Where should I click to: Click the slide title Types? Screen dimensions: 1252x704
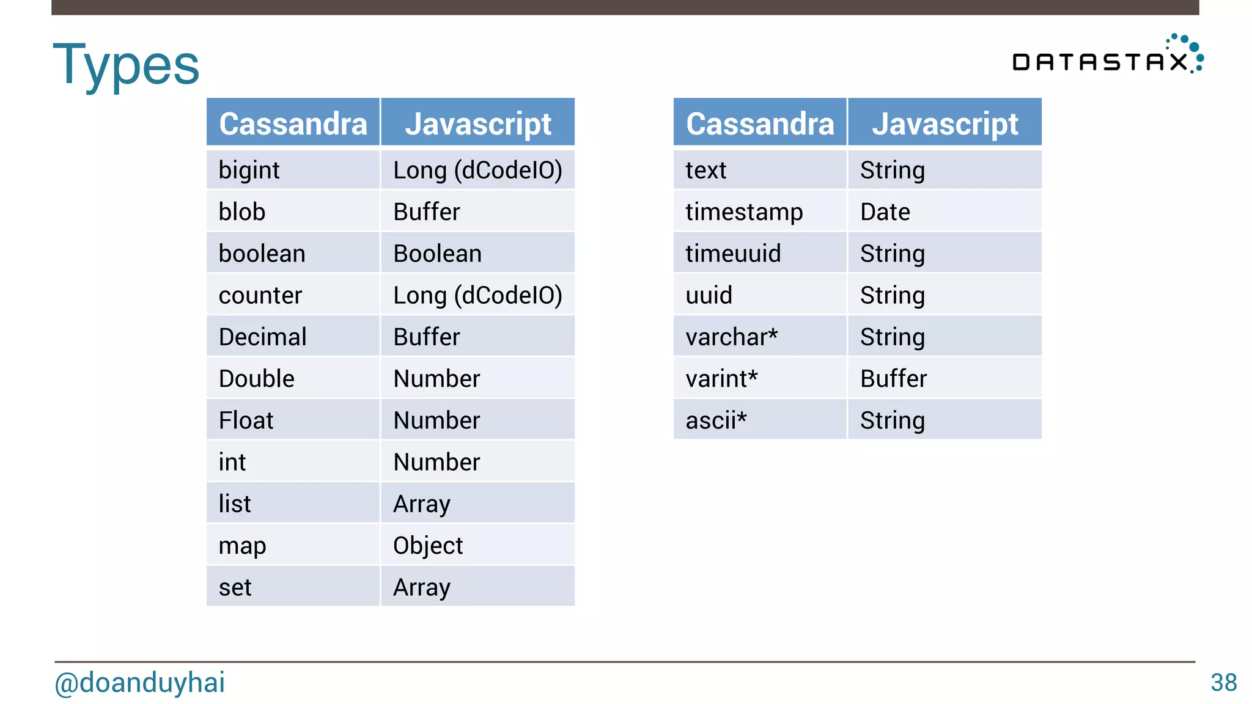[126, 65]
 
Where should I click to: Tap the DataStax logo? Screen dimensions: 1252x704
[1107, 57]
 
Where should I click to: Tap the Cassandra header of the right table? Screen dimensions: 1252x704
[760, 123]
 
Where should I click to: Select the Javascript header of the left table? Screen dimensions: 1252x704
[478, 123]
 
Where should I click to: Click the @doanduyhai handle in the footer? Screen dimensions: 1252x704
[140, 683]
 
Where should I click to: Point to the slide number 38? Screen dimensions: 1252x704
[1223, 683]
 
